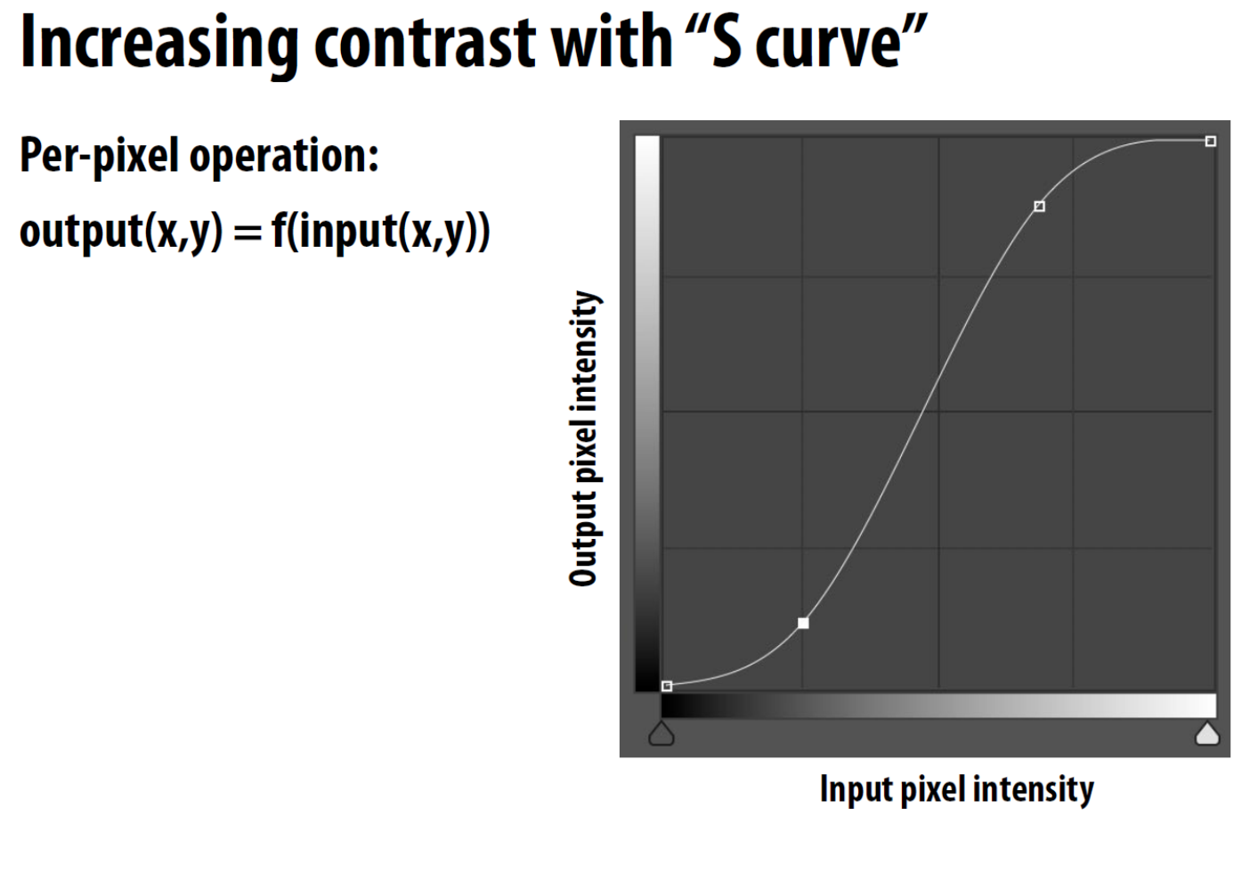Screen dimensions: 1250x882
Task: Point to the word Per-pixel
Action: [100, 157]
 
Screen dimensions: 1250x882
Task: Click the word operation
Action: [284, 157]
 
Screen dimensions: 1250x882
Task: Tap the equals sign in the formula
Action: [248, 233]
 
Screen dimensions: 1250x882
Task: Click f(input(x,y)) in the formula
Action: [380, 233]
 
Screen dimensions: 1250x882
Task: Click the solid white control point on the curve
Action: [803, 623]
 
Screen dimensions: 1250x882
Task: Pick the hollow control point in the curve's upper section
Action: [1039, 207]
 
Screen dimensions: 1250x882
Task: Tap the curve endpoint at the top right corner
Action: [1210, 142]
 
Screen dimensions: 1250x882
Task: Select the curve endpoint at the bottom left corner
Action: [666, 687]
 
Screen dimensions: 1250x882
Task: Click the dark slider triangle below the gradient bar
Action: [662, 733]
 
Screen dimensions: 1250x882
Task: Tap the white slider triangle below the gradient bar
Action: [1207, 733]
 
